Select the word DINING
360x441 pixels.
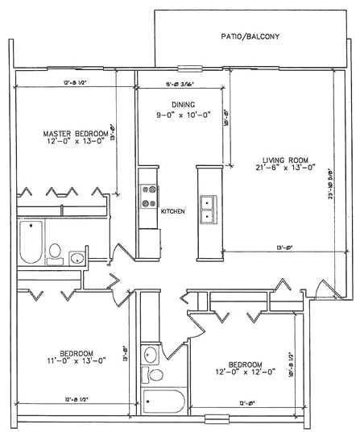point(182,105)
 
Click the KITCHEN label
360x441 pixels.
point(173,211)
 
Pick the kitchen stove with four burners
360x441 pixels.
point(149,197)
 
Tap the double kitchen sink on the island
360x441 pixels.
point(207,207)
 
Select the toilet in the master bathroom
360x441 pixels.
point(56,252)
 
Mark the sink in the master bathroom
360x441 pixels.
point(76,258)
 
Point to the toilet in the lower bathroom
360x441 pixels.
point(151,376)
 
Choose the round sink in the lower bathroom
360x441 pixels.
point(149,354)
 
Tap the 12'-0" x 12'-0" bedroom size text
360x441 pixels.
point(242,372)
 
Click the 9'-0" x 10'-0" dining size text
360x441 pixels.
point(182,114)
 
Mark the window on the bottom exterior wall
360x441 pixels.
point(215,419)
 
